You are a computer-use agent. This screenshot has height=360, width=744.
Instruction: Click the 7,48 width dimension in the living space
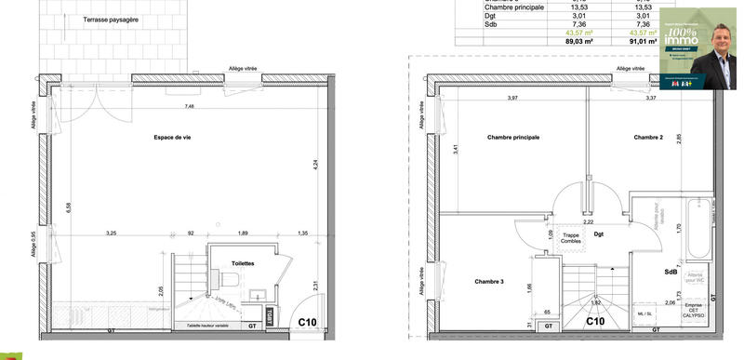pos(190,106)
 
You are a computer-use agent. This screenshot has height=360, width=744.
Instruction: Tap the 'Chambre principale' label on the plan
pos(513,138)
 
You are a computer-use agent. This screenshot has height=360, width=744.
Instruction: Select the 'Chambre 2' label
pos(648,138)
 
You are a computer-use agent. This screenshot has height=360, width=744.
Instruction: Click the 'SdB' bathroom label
pos(671,272)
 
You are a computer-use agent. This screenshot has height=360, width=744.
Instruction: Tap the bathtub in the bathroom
pos(695,229)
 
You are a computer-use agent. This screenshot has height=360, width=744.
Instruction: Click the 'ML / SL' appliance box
pos(644,315)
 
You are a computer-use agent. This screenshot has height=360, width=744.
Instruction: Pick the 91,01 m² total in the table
pos(644,40)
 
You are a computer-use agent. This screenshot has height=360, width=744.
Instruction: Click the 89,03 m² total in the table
pos(579,40)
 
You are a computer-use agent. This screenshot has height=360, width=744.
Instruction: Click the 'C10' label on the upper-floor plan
pos(596,323)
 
